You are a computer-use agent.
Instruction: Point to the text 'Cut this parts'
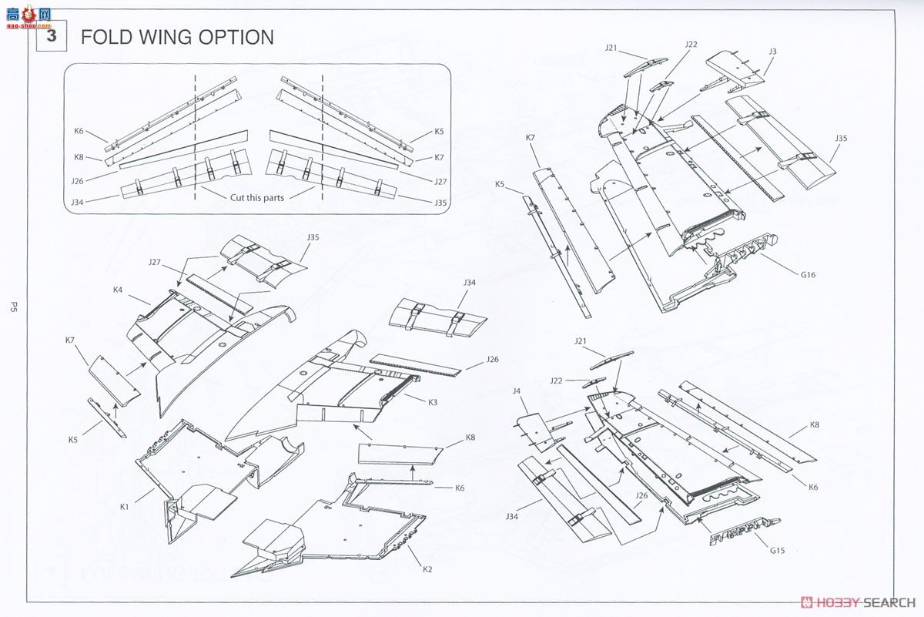tap(257, 197)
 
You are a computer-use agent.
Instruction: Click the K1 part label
tap(125, 507)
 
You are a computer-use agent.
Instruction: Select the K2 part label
tap(427, 568)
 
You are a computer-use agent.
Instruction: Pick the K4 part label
tap(118, 290)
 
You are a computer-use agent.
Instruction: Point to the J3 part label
tap(772, 52)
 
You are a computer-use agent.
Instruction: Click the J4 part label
tap(518, 391)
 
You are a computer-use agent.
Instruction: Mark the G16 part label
tap(806, 273)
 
